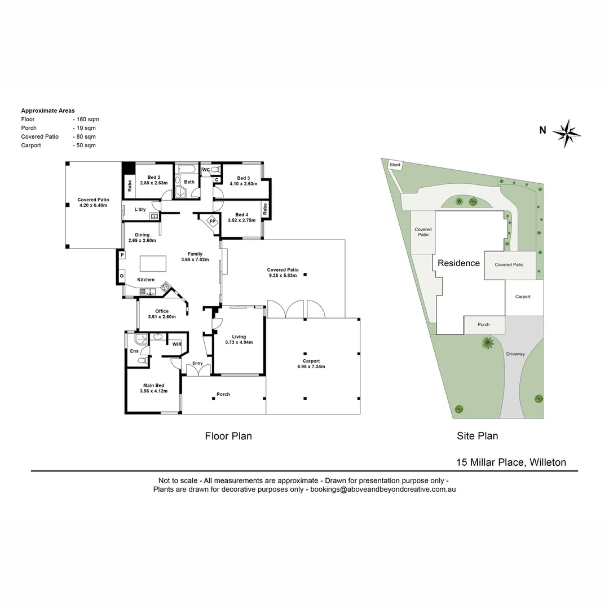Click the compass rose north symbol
click(566, 134)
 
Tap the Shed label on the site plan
click(395, 165)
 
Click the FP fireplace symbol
click(213, 221)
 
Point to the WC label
click(206, 170)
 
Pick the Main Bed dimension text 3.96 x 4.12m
click(153, 391)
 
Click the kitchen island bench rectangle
click(153, 264)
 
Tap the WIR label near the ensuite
click(177, 344)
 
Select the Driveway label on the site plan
click(515, 354)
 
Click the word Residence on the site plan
click(458, 263)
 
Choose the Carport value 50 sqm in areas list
click(85, 145)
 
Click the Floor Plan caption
click(228, 436)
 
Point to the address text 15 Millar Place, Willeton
click(511, 462)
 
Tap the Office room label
click(162, 311)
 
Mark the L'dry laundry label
click(140, 210)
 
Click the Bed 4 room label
click(241, 215)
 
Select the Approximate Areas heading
click(48, 111)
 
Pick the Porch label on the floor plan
click(223, 394)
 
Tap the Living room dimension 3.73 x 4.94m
click(239, 342)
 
